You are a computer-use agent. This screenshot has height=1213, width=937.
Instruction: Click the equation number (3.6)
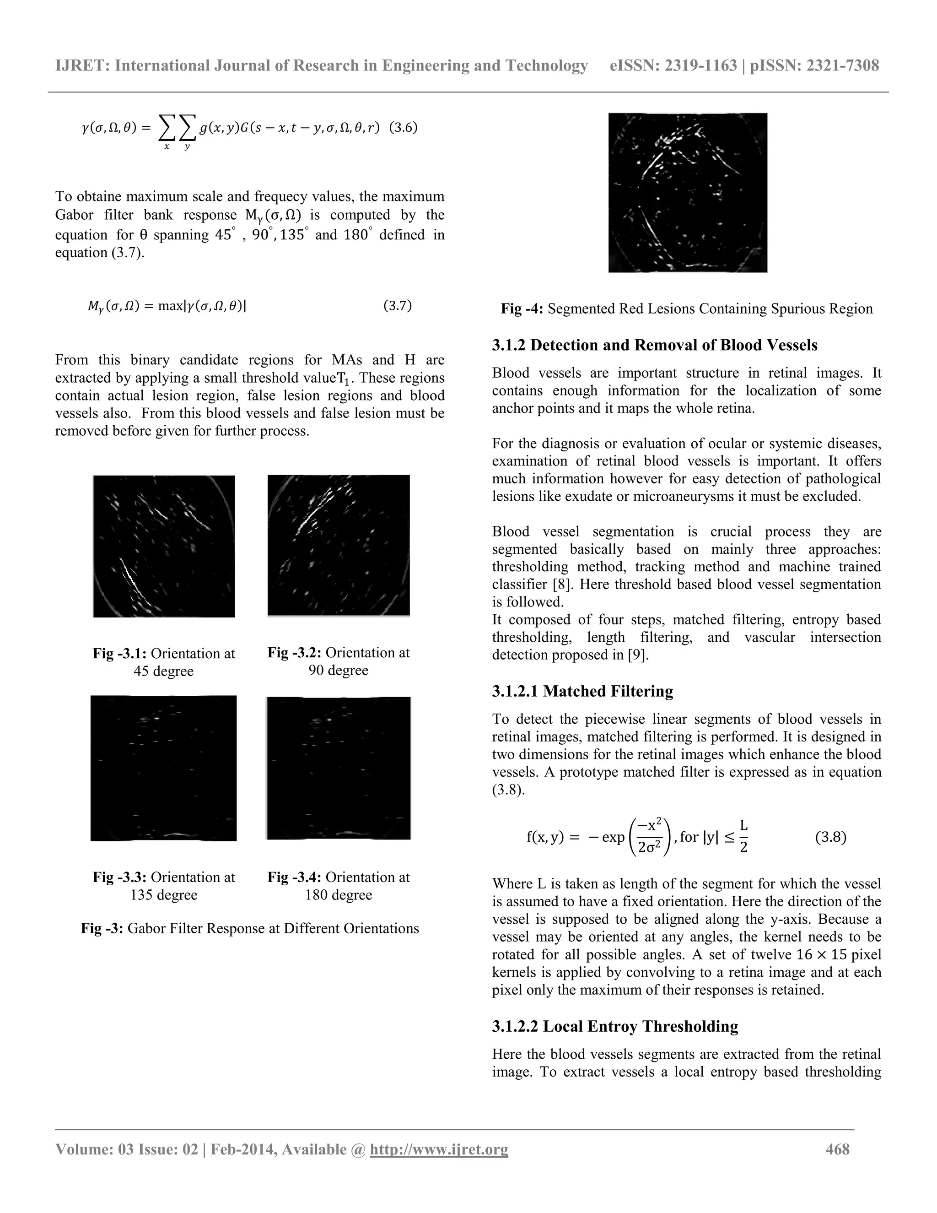point(403,128)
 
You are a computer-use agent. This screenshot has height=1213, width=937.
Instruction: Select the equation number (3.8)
point(830,837)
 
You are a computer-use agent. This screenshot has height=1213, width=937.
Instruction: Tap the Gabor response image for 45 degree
point(164,546)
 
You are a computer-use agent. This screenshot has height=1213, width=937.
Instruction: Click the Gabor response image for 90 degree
point(339,546)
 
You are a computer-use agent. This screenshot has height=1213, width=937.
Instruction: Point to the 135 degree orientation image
point(164,768)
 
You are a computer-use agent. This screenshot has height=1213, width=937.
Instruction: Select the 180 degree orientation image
point(339,768)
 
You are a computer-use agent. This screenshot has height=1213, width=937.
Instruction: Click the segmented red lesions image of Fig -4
point(687,193)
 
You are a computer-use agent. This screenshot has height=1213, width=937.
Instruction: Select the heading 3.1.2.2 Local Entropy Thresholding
point(614,1026)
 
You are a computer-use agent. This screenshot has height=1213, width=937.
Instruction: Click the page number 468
point(837,1149)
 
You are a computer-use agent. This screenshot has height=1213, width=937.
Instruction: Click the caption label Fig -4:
point(522,309)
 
